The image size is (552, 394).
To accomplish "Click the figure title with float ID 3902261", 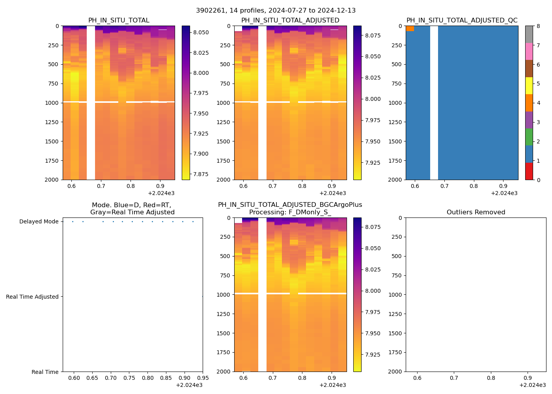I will click(276, 11).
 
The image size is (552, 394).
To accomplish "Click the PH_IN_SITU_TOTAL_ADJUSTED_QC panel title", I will click(462, 20).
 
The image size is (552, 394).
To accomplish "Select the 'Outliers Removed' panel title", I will click(476, 212).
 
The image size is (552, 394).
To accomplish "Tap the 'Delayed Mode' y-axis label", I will click(39, 222).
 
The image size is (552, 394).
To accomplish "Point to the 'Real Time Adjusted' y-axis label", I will click(32, 297).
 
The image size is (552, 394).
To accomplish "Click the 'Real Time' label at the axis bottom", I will click(45, 372).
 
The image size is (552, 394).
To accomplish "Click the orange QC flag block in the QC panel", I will click(410, 28).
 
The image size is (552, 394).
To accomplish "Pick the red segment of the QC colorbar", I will click(529, 171).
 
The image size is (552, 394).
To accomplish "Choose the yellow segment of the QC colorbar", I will click(529, 86).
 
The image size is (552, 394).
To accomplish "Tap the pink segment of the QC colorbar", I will click(529, 52).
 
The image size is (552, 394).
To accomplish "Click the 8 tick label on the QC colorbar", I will click(538, 26).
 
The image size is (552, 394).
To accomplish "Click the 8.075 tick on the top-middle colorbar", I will click(373, 35).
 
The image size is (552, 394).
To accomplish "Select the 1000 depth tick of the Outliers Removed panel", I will click(395, 295).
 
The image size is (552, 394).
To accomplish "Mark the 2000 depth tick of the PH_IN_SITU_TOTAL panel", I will click(52, 180).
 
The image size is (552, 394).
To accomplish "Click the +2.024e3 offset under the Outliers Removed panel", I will click(532, 385).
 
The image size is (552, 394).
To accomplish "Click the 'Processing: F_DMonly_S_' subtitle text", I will click(290, 212).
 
